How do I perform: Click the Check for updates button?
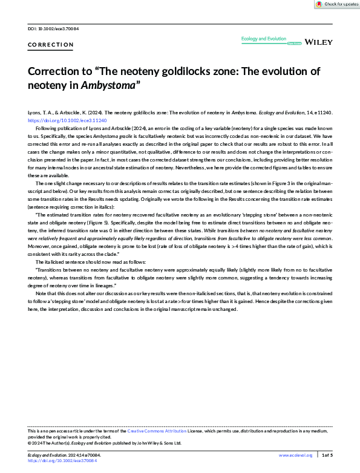(337, 4)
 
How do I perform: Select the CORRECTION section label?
(51, 45)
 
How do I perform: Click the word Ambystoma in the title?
(106, 85)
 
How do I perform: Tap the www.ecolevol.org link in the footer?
(295, 454)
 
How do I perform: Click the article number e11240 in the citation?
(320, 113)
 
